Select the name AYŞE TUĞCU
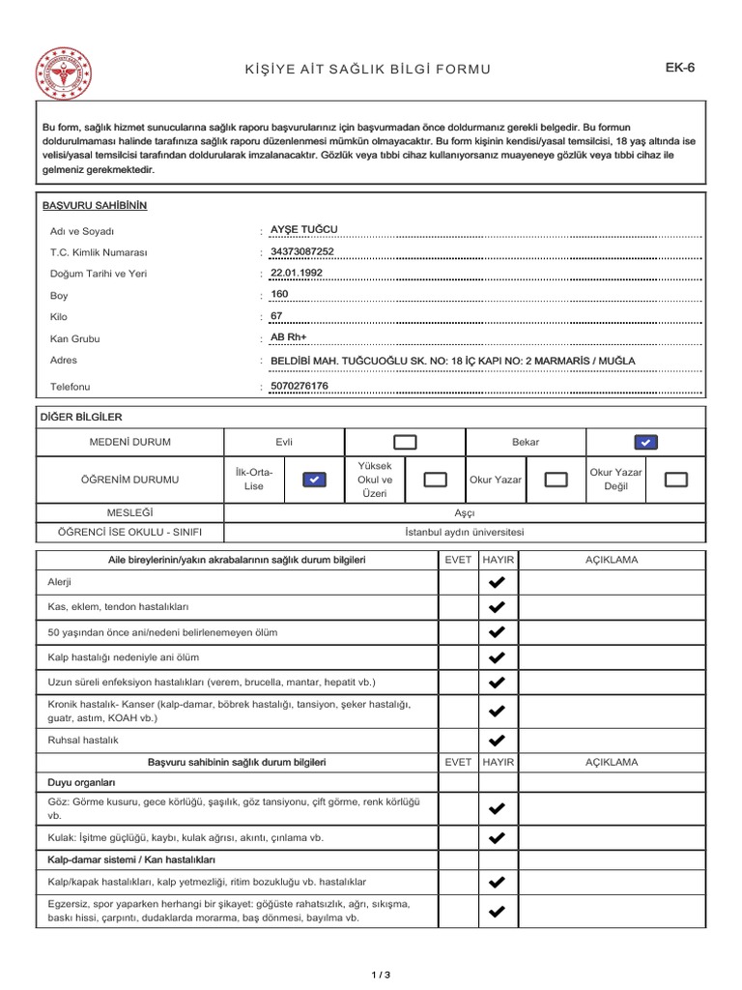[304, 229]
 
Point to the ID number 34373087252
[302, 251]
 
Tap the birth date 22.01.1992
[297, 273]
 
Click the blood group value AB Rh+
[287, 337]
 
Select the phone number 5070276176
[300, 386]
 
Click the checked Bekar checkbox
[646, 442]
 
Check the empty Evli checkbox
[405, 442]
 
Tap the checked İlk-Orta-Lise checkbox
[314, 479]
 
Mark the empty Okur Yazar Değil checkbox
[677, 479]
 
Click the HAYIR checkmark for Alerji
[497, 582]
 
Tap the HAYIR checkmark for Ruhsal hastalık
[497, 742]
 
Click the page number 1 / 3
[380, 974]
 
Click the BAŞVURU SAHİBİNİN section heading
[95, 206]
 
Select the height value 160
[280, 294]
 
